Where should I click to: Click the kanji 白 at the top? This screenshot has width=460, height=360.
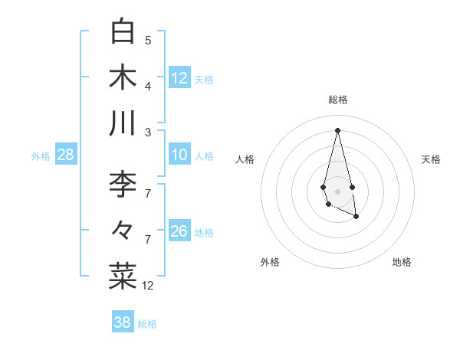pos(123,32)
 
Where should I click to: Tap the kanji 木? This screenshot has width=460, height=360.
pos(123,77)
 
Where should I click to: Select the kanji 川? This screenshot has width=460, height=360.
pos(123,123)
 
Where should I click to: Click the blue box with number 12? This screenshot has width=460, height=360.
pos(179,78)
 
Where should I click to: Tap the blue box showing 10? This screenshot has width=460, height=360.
pos(179,155)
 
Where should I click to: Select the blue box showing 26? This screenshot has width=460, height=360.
pos(179,231)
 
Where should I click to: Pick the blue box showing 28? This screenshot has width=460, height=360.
pos(66,155)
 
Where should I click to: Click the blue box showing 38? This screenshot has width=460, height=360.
pos(123,322)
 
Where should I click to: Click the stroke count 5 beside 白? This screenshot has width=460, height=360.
pos(148,40)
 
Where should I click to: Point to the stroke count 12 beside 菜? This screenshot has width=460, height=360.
pos(148,285)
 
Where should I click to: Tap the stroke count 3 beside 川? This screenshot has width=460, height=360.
pos(148,131)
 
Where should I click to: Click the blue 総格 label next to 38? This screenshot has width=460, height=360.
pos(147,324)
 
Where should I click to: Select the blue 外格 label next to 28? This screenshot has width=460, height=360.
pos(41,156)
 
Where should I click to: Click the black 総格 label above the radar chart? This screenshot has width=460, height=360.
pos(338,100)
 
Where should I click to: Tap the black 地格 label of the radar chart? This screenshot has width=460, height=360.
pos(402,262)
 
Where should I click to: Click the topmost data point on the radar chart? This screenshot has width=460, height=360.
pos(338,129)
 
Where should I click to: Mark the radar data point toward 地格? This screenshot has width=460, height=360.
pos(356,218)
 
